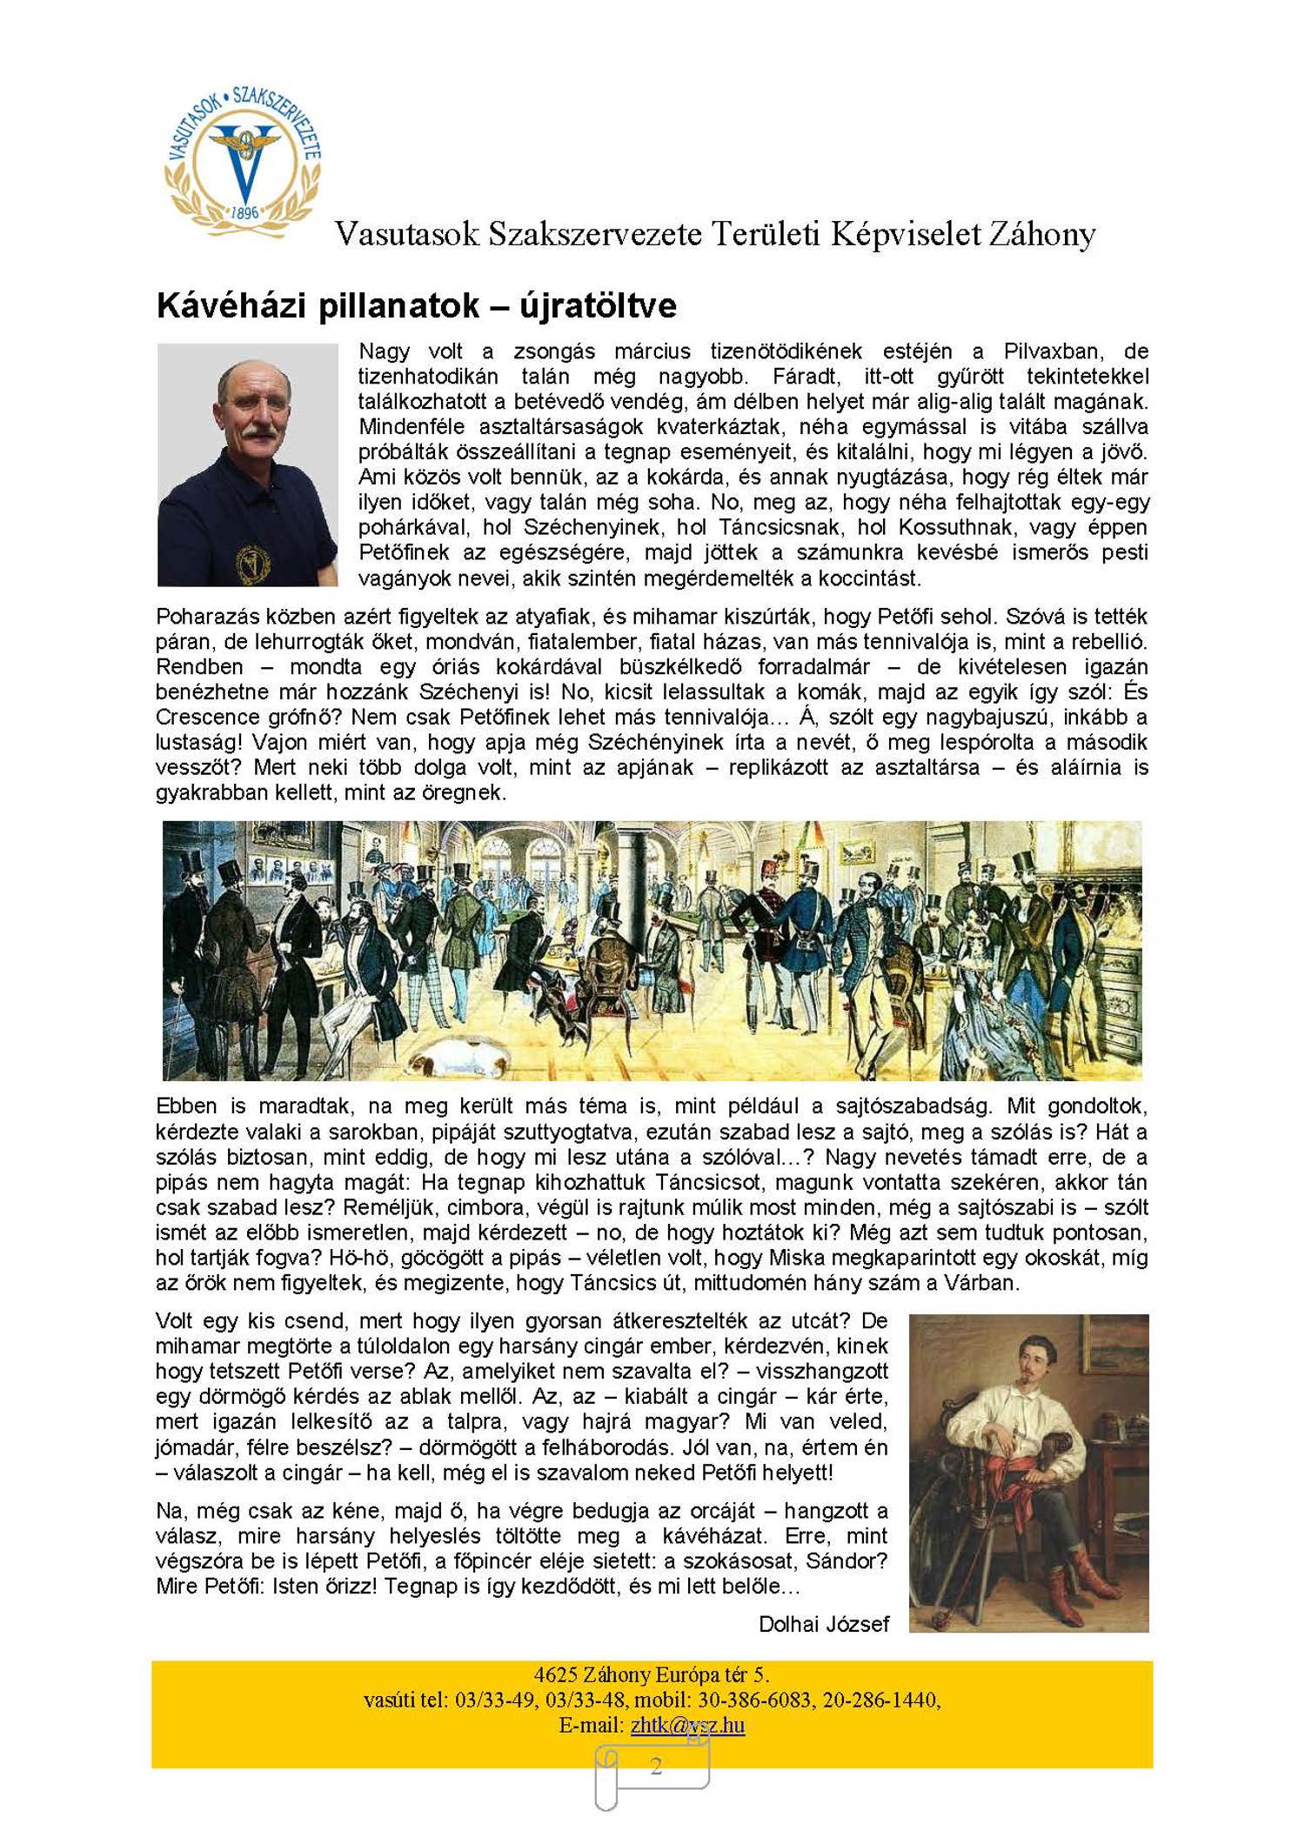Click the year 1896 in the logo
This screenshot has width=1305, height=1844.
click(x=245, y=212)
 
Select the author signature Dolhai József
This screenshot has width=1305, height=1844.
click(x=823, y=1624)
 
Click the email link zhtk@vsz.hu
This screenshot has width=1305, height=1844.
click(x=687, y=1725)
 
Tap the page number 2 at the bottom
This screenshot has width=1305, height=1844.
click(x=656, y=1766)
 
